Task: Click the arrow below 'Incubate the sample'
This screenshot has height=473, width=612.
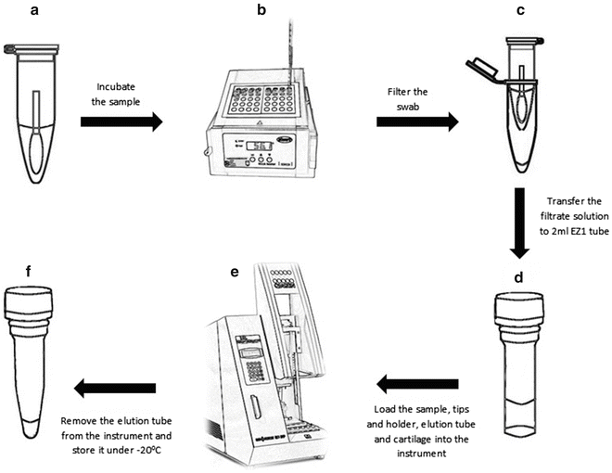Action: pos(121,121)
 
